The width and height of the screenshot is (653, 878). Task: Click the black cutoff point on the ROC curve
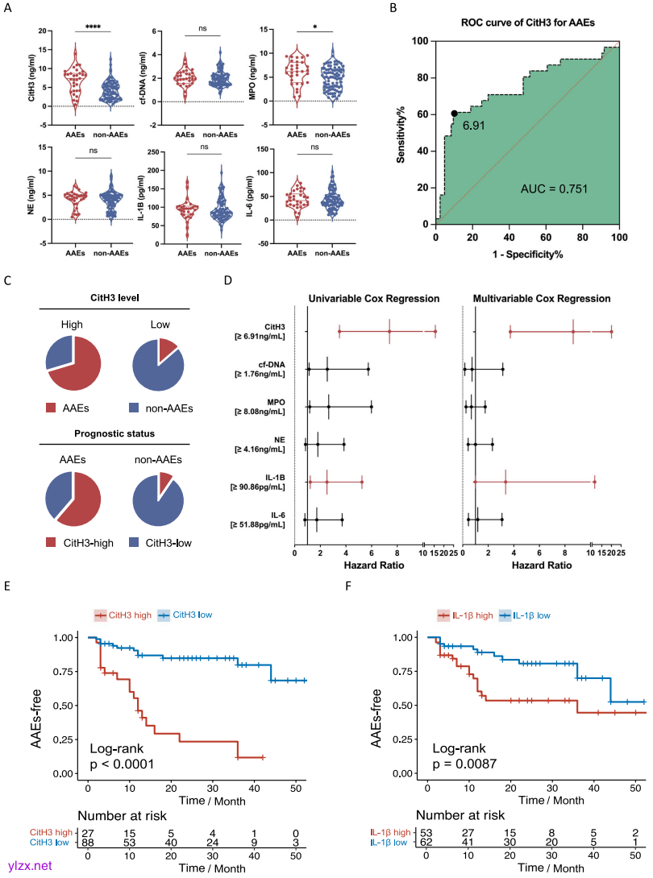454,114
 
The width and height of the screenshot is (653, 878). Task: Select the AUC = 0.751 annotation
555,189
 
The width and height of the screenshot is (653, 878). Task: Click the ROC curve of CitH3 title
527,23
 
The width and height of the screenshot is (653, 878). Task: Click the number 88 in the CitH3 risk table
89,843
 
